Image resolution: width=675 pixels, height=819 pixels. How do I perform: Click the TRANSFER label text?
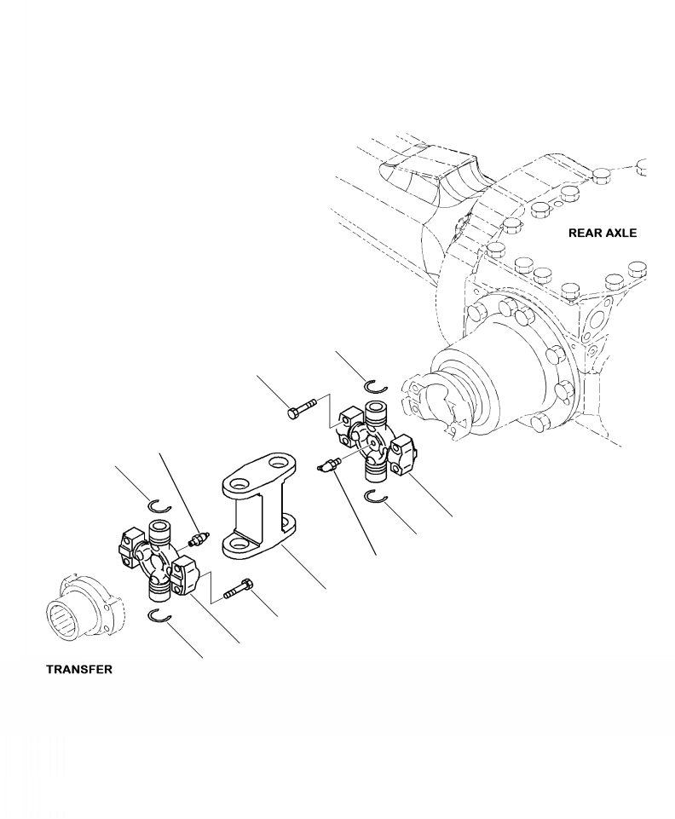(78, 670)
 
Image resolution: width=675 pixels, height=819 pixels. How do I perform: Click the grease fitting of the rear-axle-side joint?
(328, 464)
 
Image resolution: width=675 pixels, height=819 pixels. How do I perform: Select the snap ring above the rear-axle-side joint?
(374, 389)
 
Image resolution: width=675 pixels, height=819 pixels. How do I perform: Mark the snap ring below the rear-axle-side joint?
(376, 498)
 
